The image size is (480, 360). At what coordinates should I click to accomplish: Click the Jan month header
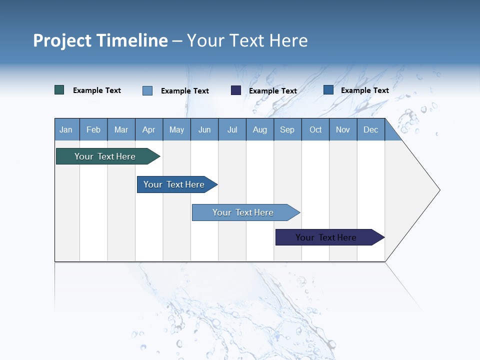(66, 130)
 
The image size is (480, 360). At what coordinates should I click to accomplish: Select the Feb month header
(93, 130)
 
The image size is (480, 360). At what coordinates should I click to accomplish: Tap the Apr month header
(148, 130)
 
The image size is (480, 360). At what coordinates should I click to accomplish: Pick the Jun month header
(204, 130)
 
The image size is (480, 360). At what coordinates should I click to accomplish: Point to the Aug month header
(260, 130)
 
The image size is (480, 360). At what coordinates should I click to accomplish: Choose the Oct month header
(315, 130)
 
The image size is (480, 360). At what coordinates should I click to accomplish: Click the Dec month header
(371, 130)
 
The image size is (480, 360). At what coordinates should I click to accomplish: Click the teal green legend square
(59, 90)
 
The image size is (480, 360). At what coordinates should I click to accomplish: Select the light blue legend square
(147, 90)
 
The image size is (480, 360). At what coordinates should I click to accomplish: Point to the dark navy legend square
(236, 90)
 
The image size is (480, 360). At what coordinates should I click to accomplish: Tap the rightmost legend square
(328, 90)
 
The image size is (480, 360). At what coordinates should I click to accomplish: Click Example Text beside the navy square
(273, 91)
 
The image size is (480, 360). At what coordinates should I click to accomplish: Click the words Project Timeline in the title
(100, 40)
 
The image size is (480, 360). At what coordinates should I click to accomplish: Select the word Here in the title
(288, 40)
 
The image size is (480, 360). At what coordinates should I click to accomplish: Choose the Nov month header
(343, 130)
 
